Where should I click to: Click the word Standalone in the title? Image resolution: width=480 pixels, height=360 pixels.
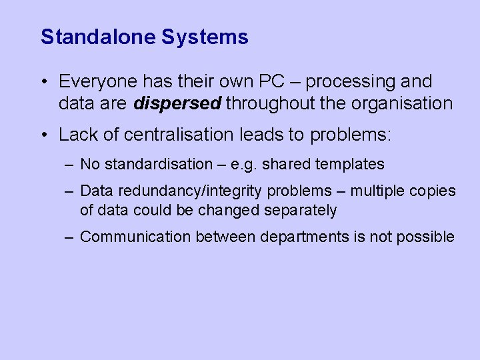coord(98,37)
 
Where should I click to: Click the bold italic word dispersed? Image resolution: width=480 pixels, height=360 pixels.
coord(178,103)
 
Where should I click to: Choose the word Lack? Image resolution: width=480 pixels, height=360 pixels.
coord(76,135)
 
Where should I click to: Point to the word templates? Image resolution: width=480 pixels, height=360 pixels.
coord(350,164)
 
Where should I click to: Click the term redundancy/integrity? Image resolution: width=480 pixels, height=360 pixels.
coord(189,191)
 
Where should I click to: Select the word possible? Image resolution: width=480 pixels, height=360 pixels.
coord(429,237)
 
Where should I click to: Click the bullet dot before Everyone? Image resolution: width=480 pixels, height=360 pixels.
coord(43,83)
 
